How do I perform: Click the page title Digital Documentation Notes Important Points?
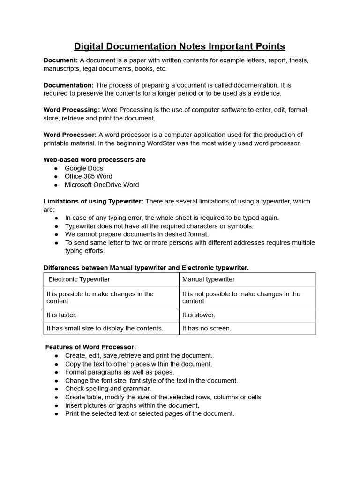[180, 46]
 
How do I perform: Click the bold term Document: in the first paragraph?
[60, 60]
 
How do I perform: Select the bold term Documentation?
[68, 85]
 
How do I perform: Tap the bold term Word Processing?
[71, 110]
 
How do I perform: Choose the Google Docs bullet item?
[83, 168]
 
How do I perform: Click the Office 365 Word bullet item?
[88, 176]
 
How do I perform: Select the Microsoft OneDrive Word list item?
[102, 185]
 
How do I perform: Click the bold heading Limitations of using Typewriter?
[93, 201]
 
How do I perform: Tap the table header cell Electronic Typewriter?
[79, 279]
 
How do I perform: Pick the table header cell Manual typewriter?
[208, 279]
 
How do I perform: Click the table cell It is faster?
[61, 315]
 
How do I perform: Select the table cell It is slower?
[199, 315]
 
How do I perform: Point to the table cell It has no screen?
[207, 328]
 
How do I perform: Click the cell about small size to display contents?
[105, 328]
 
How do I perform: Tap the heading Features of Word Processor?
[90, 347]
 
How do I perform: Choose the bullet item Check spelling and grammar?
[108, 389]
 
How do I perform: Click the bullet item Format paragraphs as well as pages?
[120, 372]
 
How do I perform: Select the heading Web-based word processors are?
[94, 160]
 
